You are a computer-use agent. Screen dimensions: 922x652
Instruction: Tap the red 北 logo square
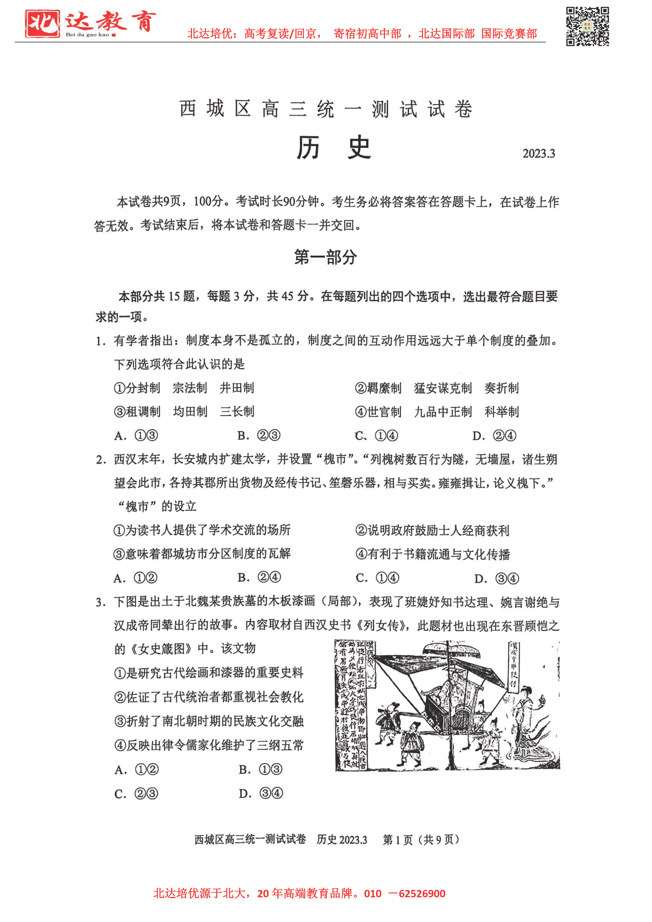(42, 24)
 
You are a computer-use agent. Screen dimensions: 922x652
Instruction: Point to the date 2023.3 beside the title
(538, 154)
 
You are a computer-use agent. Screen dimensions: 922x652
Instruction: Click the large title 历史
(333, 147)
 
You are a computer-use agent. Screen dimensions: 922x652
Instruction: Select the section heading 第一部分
(325, 257)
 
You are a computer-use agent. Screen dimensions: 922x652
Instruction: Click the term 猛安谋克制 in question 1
(443, 388)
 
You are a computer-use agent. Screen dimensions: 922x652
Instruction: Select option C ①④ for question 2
(377, 578)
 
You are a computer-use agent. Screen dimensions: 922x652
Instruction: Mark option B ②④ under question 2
(259, 577)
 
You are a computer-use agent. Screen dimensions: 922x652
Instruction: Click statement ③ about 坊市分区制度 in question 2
(202, 554)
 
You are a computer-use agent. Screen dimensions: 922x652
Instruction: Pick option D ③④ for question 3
(261, 793)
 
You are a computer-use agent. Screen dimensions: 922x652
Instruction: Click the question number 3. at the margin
(100, 602)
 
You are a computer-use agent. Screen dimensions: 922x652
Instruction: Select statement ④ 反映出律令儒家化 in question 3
(209, 746)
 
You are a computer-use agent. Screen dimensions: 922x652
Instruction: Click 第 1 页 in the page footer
(397, 840)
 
